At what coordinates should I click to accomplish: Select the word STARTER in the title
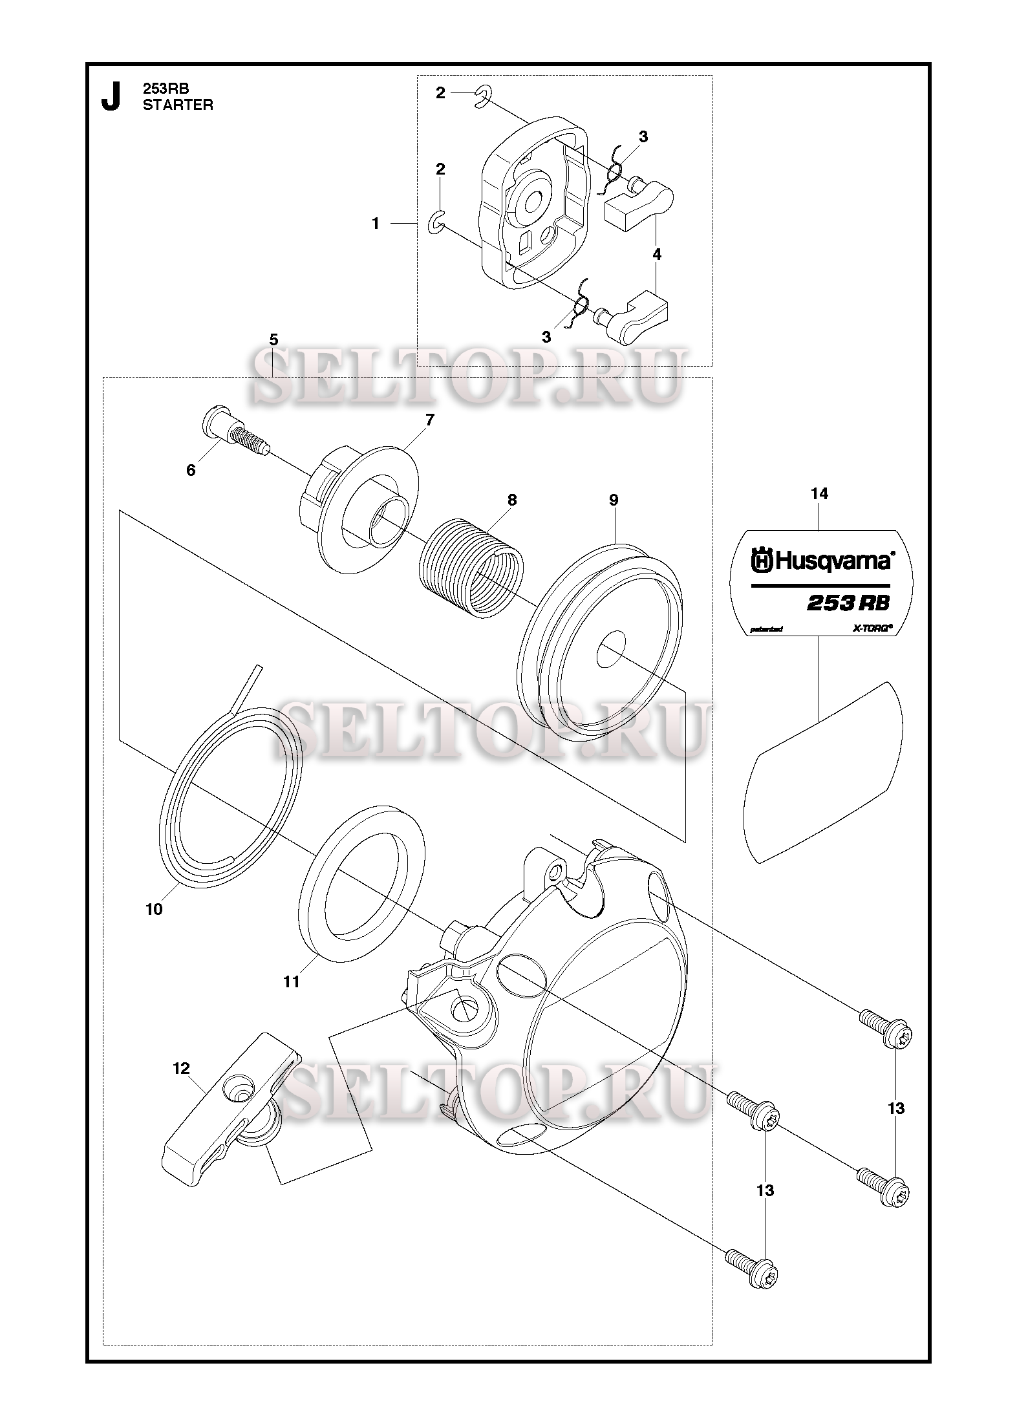pyautogui.click(x=178, y=105)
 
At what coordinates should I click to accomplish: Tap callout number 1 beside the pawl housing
pyautogui.click(x=376, y=223)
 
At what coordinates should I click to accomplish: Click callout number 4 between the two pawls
pyautogui.click(x=657, y=255)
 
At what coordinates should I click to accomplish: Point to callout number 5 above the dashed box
pyautogui.click(x=273, y=339)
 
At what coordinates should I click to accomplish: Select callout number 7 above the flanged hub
pyautogui.click(x=430, y=420)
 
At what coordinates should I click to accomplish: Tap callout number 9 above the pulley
pyautogui.click(x=614, y=500)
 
